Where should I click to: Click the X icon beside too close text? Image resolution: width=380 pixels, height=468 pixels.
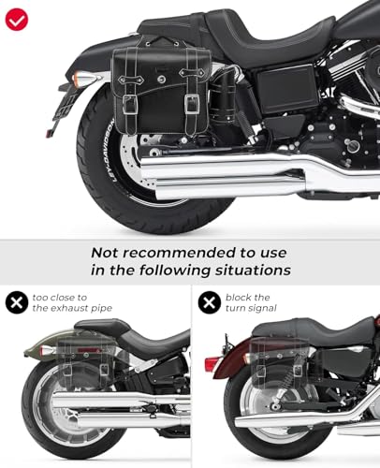pyautogui.click(x=16, y=302)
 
